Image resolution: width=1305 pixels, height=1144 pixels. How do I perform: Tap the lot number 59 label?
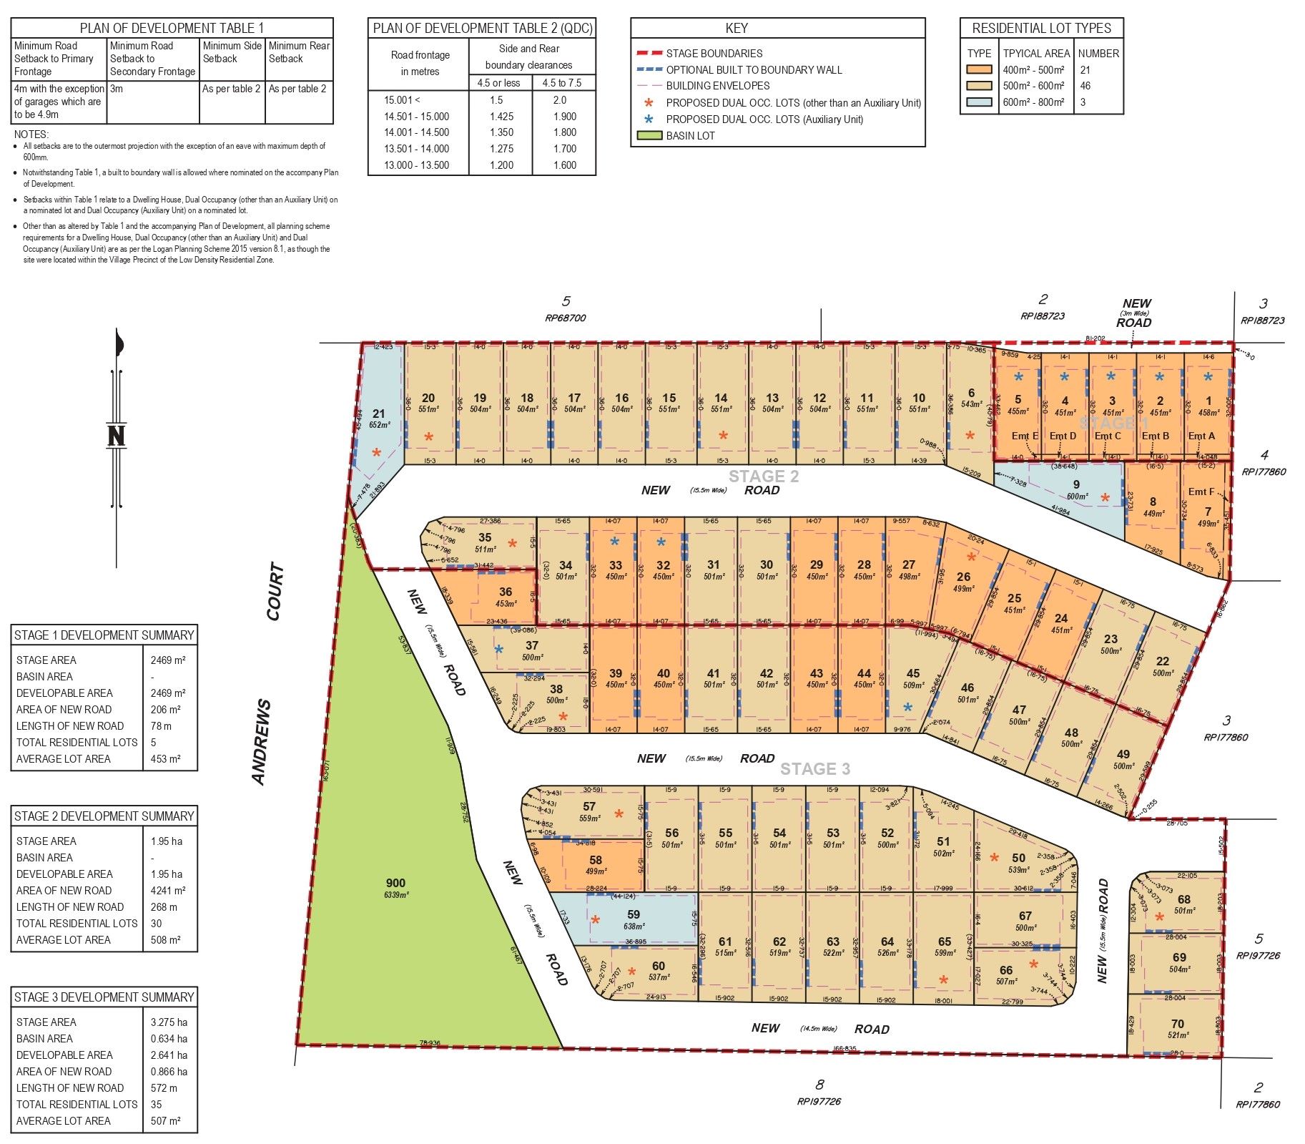coord(634,914)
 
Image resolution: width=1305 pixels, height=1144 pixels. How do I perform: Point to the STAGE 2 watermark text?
coord(764,476)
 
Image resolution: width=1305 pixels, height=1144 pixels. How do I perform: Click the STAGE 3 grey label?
coord(814,769)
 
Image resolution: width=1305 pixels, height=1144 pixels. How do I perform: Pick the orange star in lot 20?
coord(428,436)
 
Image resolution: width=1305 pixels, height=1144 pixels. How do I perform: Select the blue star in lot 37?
coord(499,649)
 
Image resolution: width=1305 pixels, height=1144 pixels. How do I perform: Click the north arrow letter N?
coord(116,435)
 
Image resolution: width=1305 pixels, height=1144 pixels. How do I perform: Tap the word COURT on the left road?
coord(275,592)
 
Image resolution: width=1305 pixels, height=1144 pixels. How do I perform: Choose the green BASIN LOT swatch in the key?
coord(649,136)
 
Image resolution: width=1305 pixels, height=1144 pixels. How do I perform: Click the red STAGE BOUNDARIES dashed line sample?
coord(649,53)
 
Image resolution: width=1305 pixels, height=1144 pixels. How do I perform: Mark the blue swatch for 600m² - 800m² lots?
coord(979,102)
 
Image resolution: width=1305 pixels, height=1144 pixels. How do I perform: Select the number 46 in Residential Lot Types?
coord(1085,86)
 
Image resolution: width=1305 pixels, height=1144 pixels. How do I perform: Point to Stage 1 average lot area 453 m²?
coord(165,759)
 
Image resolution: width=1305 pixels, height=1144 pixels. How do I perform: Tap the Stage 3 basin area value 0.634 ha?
coord(169,1039)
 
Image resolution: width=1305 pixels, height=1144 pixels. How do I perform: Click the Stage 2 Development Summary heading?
coord(104,816)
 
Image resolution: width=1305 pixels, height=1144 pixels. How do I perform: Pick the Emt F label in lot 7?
coord(1201,492)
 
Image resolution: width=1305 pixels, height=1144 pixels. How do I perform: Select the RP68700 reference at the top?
coord(565,318)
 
